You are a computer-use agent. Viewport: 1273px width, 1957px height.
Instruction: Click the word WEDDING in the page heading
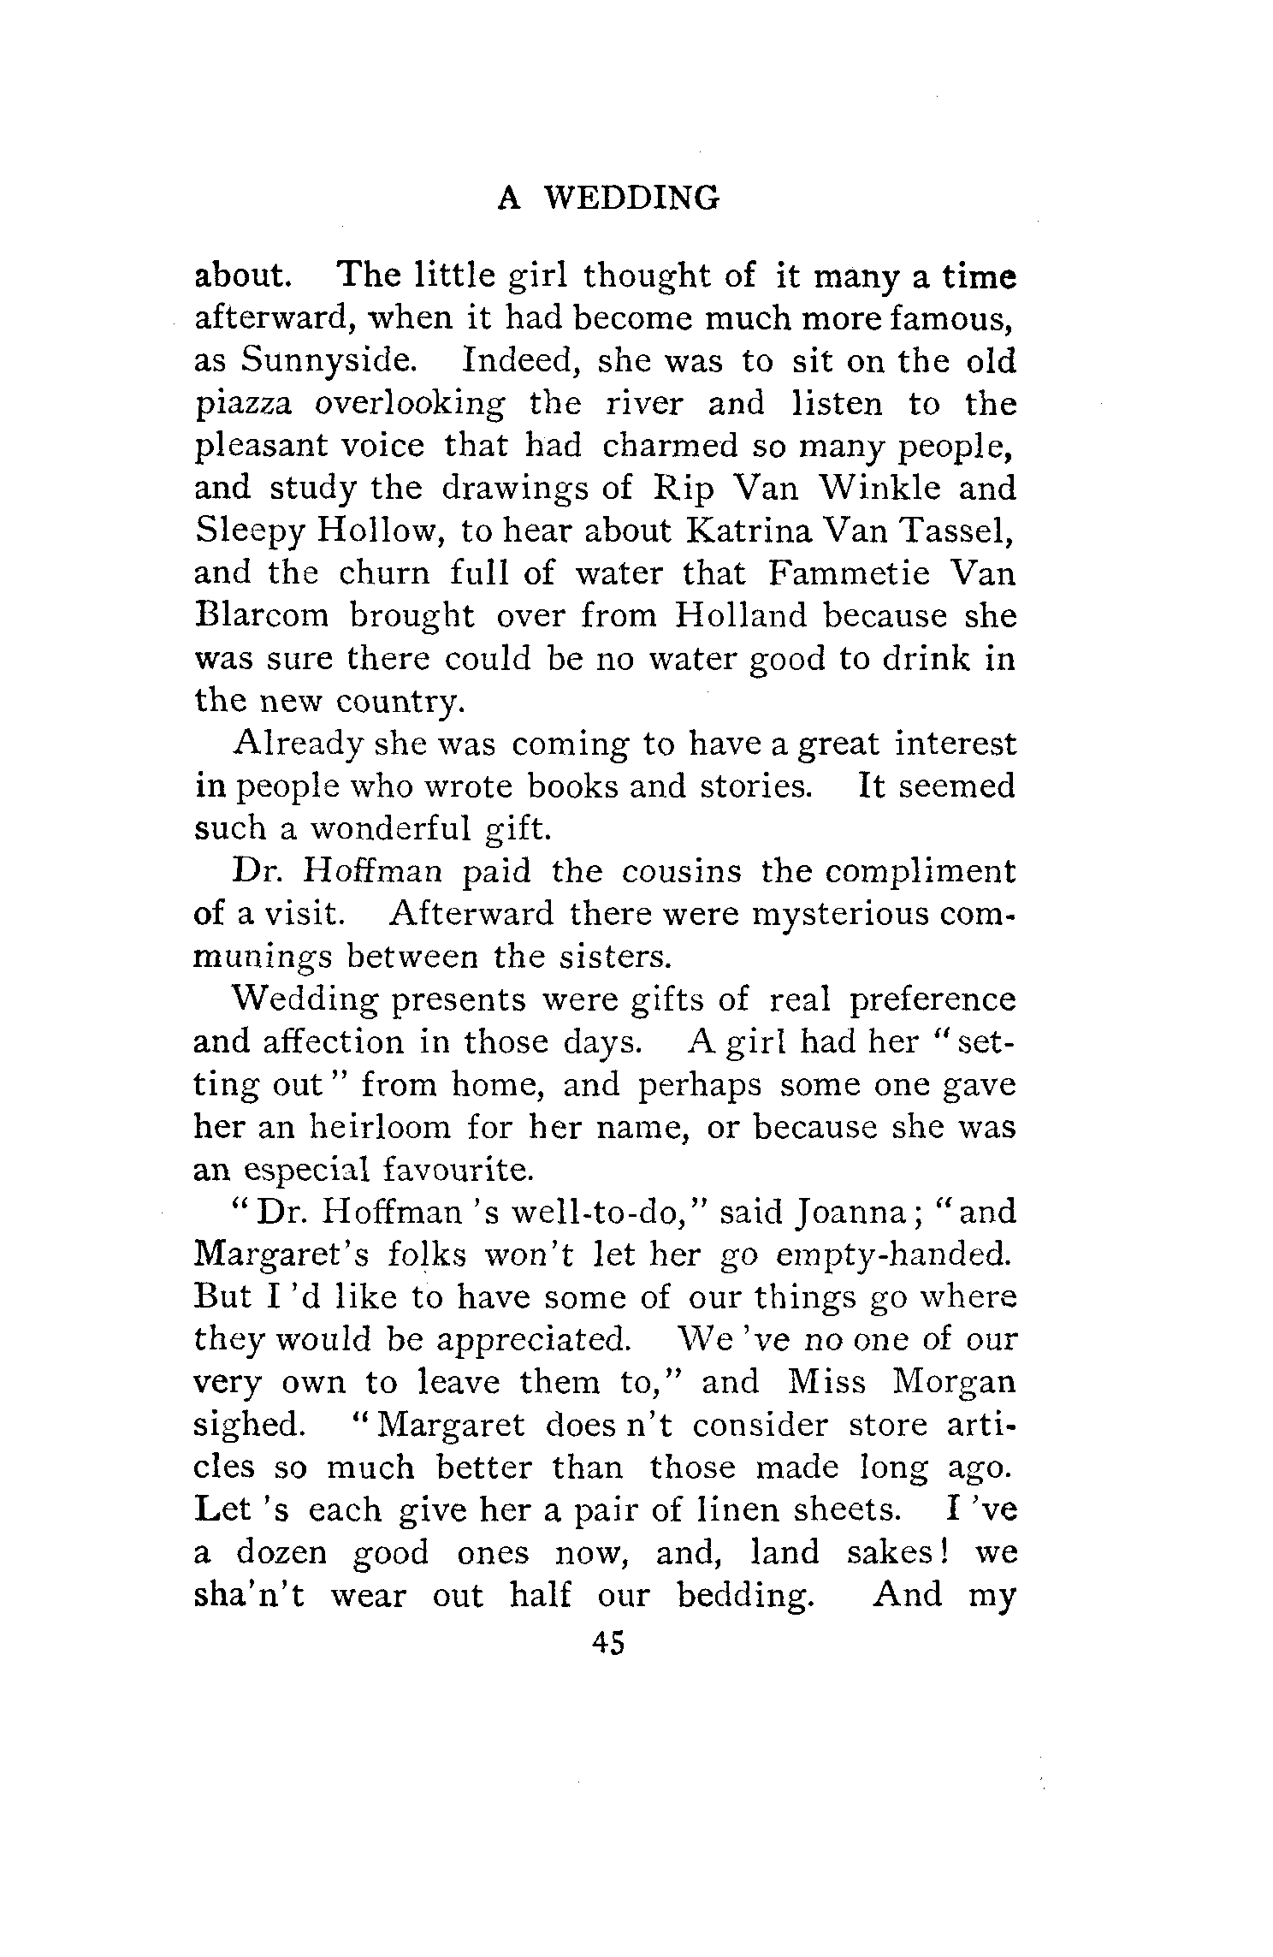click(632, 199)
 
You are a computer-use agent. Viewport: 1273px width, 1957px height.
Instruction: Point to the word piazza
click(242, 404)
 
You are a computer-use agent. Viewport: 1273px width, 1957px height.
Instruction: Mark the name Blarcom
click(264, 616)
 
